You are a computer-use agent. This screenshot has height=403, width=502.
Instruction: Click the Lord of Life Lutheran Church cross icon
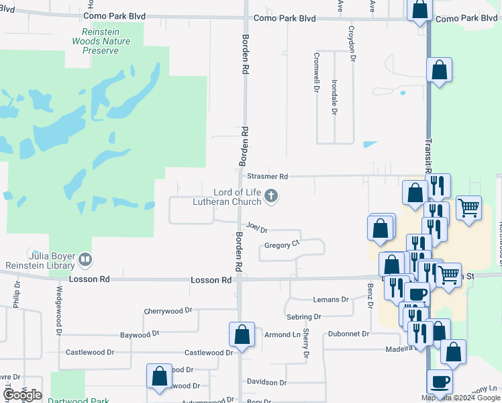pos(271,196)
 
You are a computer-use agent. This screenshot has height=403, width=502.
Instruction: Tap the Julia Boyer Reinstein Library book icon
pos(85,259)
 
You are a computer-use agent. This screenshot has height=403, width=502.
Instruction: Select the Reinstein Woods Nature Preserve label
pos(101,41)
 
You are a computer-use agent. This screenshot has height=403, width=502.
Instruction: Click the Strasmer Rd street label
pos(267,177)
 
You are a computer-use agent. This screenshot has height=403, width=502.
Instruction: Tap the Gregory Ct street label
pos(281,245)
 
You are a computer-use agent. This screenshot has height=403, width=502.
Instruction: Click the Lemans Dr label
pos(331,300)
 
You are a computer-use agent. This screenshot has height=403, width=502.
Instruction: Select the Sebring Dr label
pos(303,317)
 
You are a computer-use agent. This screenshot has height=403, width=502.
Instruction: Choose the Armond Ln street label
pos(282,334)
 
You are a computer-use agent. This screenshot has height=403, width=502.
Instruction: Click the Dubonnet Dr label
pos(349,334)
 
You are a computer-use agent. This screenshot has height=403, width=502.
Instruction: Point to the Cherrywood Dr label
pos(168,312)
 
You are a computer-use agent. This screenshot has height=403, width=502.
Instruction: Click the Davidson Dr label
pos(266,382)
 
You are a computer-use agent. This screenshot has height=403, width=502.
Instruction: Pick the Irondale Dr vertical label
pos(334,97)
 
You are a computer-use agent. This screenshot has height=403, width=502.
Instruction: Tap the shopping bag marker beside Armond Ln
pos(242,335)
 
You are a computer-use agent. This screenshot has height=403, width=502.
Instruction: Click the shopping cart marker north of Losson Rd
pos(468,206)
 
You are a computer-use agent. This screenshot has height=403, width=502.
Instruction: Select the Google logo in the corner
pos(22,395)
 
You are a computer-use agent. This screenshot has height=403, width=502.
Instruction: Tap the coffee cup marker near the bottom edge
pos(440,382)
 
